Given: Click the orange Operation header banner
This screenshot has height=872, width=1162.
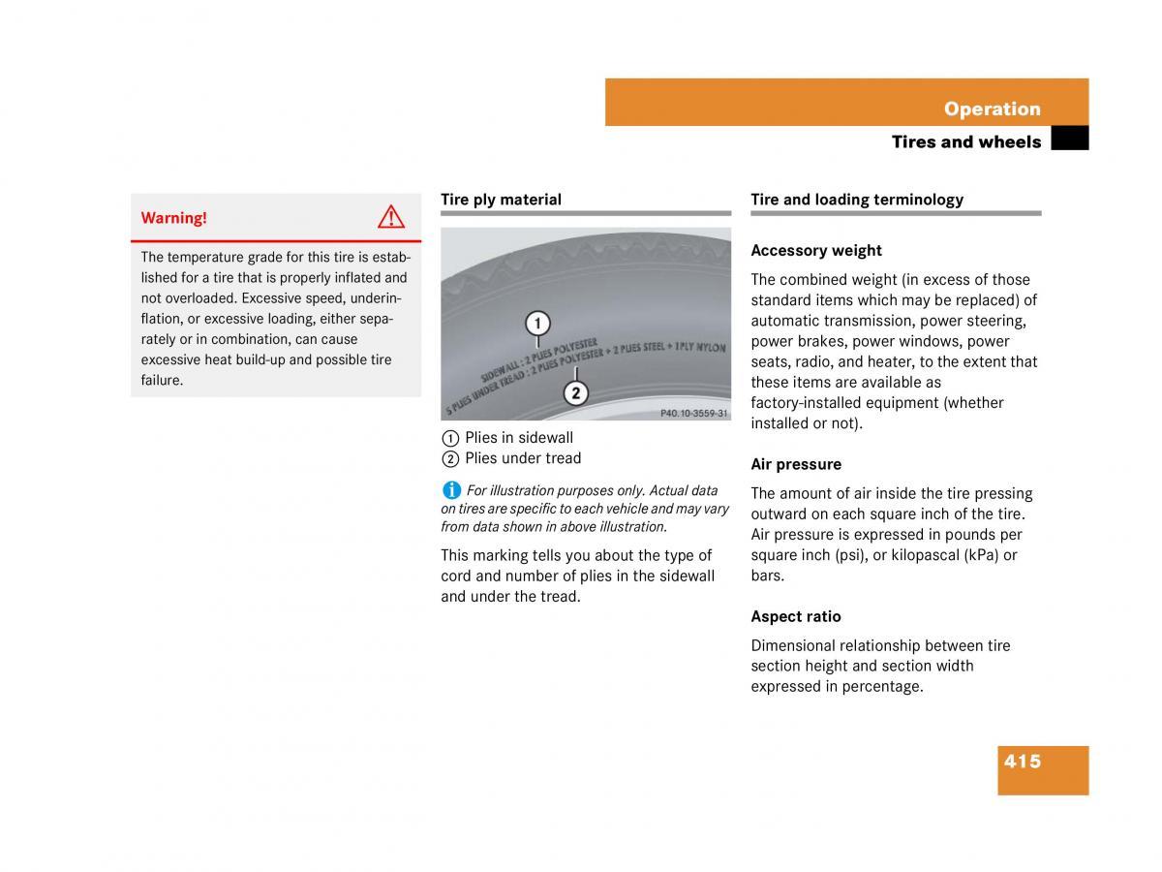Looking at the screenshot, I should coord(846,103).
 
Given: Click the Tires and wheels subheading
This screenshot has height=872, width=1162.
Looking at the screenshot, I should coord(965,141).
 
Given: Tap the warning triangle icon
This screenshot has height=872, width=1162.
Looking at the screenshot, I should coord(391,217).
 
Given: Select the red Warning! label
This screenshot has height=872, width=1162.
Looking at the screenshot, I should coord(174,218).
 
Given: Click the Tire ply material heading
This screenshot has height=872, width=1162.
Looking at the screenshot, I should coord(501,200).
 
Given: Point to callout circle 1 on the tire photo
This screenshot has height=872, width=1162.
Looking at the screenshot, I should coord(537,323).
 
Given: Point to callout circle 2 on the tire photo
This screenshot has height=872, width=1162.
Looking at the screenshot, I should coord(575,392).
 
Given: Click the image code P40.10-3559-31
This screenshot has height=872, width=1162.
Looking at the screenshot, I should coord(693,413).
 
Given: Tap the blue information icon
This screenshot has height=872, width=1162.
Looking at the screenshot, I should coord(451,490).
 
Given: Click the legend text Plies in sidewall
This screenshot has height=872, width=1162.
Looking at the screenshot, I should coord(519,438).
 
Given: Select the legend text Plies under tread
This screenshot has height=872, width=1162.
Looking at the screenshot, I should coord(523,458).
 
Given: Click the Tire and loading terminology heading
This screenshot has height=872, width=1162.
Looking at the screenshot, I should coord(857,200).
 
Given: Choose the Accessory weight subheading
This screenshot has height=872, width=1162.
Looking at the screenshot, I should coord(816,251).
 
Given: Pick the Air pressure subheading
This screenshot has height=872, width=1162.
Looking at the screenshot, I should coord(796,464).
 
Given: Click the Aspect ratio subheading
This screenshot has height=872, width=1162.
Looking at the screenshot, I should coord(796,616).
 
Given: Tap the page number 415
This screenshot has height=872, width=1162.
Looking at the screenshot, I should coord(1023,762).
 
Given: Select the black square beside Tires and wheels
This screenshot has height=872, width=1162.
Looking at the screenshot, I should coord(1069,140).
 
